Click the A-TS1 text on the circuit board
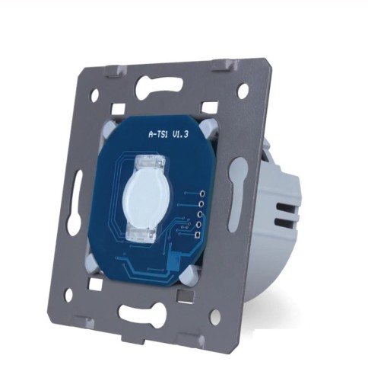(158, 134)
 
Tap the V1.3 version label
(180, 134)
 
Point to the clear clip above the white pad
(148, 162)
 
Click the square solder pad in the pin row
(198, 235)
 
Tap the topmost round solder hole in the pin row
(202, 194)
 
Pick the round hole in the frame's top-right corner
(243, 91)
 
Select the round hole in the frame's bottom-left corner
(68, 296)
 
